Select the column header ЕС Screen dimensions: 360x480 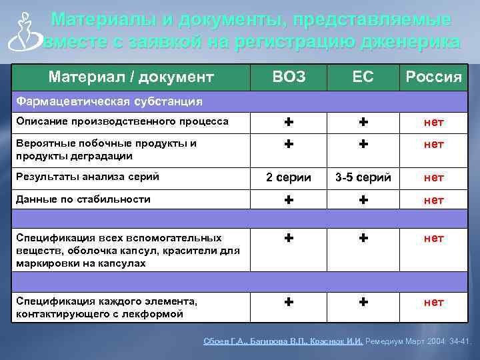click(363, 77)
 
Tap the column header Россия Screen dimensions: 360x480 click(433, 78)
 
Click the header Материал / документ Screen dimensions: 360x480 click(131, 77)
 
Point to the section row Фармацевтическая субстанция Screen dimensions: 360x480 click(110, 101)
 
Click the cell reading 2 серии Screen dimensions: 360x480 click(289, 177)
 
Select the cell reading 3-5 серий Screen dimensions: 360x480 click(363, 177)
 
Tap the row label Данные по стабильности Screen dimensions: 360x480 click(83, 199)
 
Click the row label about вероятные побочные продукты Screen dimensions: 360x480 click(107, 149)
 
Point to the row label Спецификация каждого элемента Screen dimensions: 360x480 click(107, 307)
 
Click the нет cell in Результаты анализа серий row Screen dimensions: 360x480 click(433, 177)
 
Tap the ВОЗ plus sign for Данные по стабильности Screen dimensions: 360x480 click(289, 199)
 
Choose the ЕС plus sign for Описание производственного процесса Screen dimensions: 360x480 click(363, 122)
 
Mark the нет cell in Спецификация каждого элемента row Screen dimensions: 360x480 click(433, 302)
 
